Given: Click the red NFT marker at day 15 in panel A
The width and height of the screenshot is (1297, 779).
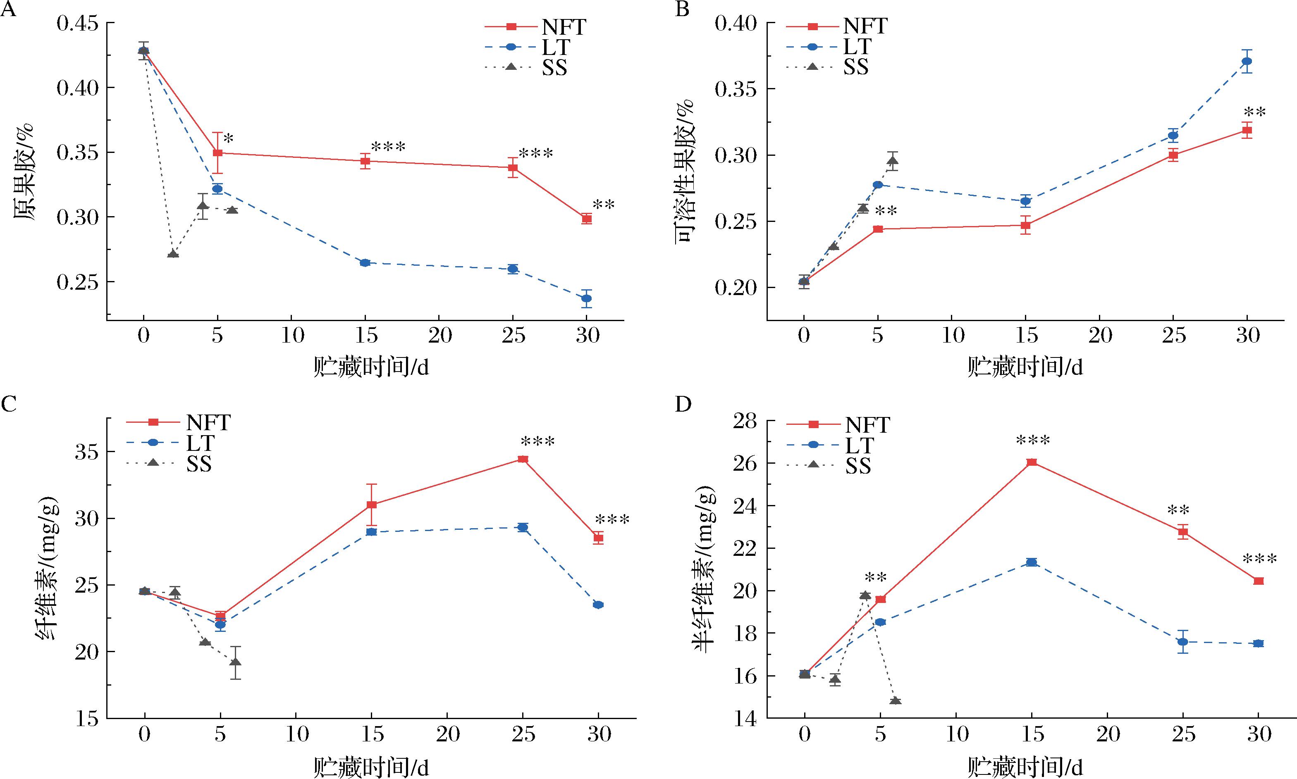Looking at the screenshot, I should [x=365, y=161].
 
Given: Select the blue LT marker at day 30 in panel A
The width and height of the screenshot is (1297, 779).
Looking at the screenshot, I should [x=587, y=298].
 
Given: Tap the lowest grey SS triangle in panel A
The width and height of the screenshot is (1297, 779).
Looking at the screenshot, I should [x=173, y=254].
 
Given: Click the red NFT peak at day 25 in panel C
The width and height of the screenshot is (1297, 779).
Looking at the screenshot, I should [x=523, y=459].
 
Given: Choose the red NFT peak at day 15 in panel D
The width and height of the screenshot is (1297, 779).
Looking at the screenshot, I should [x=1032, y=462].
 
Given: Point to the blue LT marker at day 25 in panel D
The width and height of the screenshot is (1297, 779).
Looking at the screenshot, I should [x=1182, y=641].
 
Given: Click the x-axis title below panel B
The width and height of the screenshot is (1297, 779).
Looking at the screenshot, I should [x=1024, y=368].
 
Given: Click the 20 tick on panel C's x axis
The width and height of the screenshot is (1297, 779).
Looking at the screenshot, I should [x=447, y=734].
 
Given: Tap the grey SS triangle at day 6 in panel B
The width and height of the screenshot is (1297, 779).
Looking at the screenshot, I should [x=893, y=161].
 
